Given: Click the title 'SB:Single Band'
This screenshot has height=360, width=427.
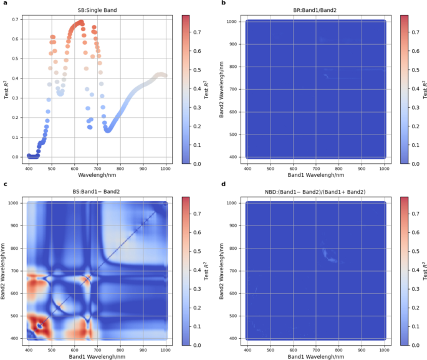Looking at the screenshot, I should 97,9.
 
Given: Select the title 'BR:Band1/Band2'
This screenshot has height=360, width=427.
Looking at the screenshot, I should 316,9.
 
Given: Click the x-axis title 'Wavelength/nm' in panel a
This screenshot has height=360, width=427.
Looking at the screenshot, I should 97,176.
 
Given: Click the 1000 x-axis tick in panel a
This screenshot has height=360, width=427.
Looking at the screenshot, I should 166,169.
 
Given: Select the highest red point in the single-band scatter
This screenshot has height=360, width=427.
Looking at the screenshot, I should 80,22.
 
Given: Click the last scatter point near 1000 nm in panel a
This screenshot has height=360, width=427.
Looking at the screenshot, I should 165,75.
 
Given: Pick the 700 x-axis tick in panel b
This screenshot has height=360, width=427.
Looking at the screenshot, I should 316,169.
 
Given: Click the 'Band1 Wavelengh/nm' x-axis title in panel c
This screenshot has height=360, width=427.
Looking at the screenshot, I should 97,356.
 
